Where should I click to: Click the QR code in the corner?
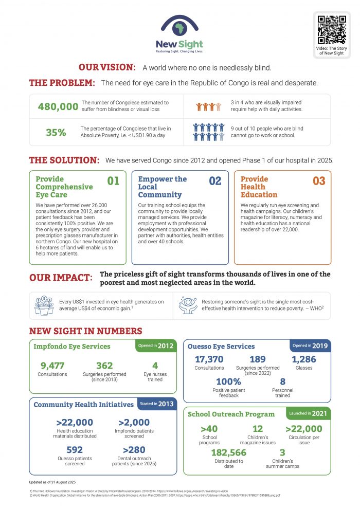[332, 30]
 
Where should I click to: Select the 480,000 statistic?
[58, 106]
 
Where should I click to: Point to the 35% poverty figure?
[56, 132]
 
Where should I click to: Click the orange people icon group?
[208, 107]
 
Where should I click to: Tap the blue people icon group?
[208, 132]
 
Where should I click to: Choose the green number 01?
[113, 180]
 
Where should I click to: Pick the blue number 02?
[215, 180]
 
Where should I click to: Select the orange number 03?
[319, 180]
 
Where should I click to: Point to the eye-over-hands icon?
[188, 305]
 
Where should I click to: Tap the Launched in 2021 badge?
[309, 413]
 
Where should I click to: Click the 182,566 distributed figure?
[229, 452]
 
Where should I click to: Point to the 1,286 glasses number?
[304, 359]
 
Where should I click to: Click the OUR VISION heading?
[107, 67]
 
